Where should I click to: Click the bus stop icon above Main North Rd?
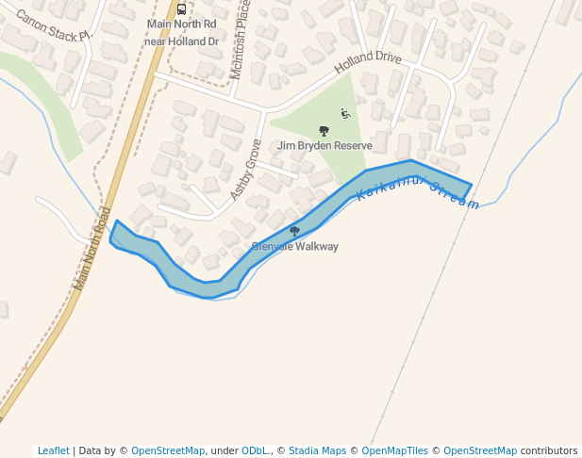pos(181,9)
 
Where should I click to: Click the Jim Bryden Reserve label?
pos(324,146)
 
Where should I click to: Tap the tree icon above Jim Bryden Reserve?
pos(324,131)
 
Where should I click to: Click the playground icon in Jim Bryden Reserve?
pos(345,114)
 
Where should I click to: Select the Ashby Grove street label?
pos(245,169)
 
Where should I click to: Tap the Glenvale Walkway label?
pos(294,246)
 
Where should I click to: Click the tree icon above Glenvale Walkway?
pos(294,231)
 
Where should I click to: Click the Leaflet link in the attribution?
pos(53,450)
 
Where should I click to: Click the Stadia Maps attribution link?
pos(317,450)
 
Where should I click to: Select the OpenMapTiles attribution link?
pos(396,450)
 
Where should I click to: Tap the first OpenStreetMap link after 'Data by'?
pos(168,450)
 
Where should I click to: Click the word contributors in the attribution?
pos(549,450)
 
